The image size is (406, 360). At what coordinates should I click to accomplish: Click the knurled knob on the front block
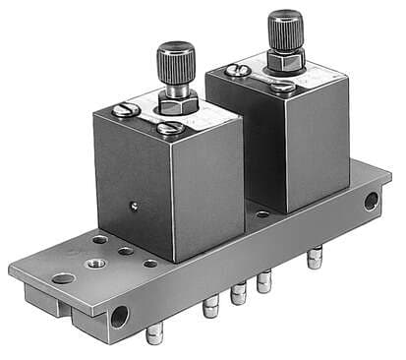click(x=176, y=57)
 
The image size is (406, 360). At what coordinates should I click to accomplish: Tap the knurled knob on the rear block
click(x=285, y=29)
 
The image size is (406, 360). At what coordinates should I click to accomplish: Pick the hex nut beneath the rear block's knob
click(x=285, y=63)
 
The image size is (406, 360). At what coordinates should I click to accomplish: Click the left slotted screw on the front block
click(x=125, y=110)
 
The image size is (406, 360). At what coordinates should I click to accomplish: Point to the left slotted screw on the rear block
click(x=236, y=70)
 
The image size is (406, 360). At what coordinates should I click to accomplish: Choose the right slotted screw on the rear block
click(x=282, y=87)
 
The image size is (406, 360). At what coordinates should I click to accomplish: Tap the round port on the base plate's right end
click(x=371, y=202)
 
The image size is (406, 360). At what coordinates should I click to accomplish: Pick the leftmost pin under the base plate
click(x=152, y=333)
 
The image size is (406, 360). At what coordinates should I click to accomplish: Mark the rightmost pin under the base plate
click(x=314, y=259)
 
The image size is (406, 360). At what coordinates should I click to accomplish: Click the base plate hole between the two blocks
click(x=262, y=212)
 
